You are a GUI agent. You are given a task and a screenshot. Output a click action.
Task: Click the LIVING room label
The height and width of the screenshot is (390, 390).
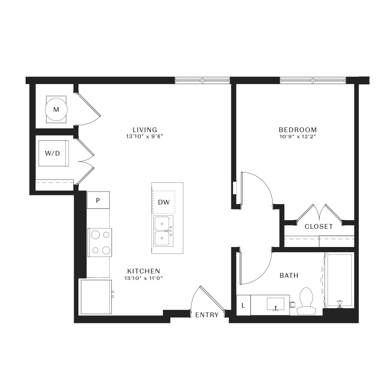(x=145, y=130)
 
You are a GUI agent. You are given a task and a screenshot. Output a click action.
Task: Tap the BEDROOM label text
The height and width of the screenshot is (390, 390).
(x=298, y=130)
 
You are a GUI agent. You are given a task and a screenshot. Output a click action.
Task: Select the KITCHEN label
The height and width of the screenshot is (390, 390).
(x=143, y=271)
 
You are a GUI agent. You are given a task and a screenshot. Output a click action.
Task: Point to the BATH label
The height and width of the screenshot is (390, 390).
(x=289, y=275)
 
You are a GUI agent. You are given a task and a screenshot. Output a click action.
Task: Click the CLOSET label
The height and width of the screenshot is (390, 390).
(x=318, y=226)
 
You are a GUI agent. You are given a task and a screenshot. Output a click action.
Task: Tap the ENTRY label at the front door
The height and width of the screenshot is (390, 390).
(x=207, y=315)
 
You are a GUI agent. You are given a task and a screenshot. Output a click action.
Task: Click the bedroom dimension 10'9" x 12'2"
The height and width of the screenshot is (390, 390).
(x=298, y=136)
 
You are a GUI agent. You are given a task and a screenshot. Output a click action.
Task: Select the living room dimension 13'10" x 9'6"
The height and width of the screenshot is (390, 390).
(x=145, y=136)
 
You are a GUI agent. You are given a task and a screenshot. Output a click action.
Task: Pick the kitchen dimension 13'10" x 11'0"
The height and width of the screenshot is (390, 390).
(x=143, y=278)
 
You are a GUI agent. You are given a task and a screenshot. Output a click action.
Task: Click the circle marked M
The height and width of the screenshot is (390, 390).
(x=56, y=109)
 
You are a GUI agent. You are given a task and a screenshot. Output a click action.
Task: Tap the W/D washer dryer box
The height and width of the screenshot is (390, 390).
(x=53, y=153)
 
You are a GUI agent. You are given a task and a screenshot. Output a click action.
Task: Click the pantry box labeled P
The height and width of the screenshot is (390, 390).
(x=98, y=200)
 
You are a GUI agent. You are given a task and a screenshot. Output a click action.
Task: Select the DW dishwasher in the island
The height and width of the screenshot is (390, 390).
(x=164, y=202)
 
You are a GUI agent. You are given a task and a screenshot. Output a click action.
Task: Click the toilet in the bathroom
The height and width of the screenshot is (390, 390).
(x=306, y=301)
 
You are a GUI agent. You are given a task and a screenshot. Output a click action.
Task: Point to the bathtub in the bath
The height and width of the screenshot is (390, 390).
(x=339, y=280)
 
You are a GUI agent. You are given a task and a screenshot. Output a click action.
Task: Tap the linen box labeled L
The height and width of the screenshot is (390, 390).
(x=243, y=305)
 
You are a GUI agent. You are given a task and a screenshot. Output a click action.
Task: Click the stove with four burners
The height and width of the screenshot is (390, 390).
(x=100, y=243)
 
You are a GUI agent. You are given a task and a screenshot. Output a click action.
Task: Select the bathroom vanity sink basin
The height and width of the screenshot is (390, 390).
(x=276, y=304)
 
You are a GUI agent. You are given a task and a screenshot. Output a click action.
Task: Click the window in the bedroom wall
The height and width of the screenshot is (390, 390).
(x=313, y=80)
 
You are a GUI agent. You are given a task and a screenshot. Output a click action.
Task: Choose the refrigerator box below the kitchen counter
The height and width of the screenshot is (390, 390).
(x=96, y=297)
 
